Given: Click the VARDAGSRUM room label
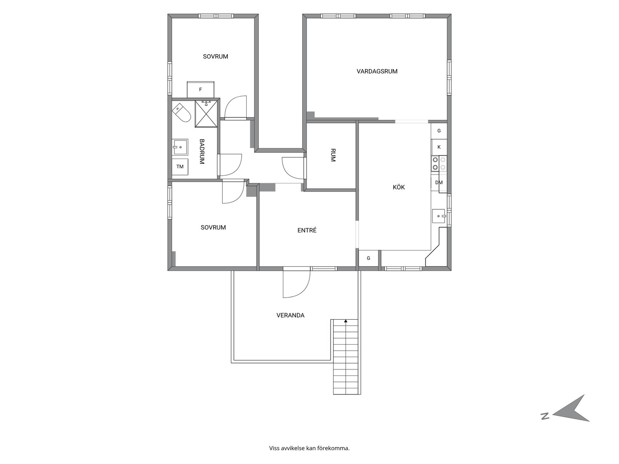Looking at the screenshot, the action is tap(377, 71).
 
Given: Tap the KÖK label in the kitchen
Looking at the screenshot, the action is tap(399, 187).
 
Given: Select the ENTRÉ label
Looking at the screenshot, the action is tap(307, 230).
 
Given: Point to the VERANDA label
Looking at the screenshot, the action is tap(291, 315).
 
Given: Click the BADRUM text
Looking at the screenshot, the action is tap(202, 152).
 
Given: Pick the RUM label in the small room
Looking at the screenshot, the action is tap(333, 155).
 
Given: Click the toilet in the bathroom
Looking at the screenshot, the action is tap(181, 113).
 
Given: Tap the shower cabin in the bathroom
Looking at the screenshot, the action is tap(206, 113).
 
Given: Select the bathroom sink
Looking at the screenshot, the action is tap(180, 147).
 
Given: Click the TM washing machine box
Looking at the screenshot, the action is tap(180, 167).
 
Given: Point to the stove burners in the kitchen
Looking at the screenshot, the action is tap(439, 164).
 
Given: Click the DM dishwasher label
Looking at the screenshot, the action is tap(439, 183).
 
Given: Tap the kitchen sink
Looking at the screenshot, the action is tap(439, 216).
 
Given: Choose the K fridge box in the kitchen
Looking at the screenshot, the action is tap(439, 147).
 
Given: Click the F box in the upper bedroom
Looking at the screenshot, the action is tap(200, 90).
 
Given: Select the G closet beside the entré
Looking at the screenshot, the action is tap(368, 258).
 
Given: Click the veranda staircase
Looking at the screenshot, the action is tap(346, 357).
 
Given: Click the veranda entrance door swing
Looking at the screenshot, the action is tap(297, 284).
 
